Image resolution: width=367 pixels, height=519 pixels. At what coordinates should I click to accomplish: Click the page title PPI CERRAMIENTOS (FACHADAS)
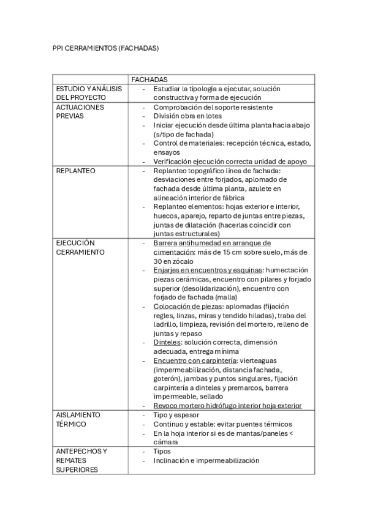pyautogui.click(x=105, y=48)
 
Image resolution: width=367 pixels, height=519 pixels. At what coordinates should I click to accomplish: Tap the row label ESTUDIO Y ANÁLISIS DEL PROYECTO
pyautogui.click(x=89, y=93)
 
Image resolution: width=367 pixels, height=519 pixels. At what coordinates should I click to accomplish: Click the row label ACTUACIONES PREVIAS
pyautogui.click(x=80, y=111)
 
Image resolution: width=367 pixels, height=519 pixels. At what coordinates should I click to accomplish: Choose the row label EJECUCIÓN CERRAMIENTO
pyautogui.click(x=80, y=247)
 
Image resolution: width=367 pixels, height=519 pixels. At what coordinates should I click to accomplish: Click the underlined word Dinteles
pyautogui.click(x=166, y=342)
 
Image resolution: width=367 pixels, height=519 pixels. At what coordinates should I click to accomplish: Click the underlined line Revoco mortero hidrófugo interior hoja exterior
pyautogui.click(x=227, y=406)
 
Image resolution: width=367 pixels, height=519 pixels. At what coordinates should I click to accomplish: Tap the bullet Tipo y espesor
pyautogui.click(x=176, y=415)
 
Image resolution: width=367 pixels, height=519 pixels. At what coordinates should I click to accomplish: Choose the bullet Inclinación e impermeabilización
pyautogui.click(x=206, y=460)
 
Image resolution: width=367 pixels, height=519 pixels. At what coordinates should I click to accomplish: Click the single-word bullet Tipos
pyautogui.click(x=162, y=452)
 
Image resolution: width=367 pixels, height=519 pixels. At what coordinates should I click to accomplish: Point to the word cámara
pyautogui.click(x=166, y=442)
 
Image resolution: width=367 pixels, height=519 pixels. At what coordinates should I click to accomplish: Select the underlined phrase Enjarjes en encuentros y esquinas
pyautogui.click(x=205, y=270)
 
